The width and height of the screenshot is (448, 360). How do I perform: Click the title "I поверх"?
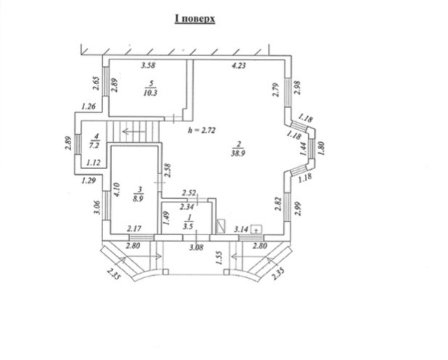coord(194,19)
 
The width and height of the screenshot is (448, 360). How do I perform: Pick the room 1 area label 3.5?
coord(187,225)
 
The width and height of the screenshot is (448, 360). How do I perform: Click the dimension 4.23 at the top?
coord(239,66)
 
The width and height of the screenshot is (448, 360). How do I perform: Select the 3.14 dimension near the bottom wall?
coord(240,229)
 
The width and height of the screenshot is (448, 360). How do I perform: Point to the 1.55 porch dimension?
coord(218,257)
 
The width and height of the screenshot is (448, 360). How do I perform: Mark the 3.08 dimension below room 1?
coord(195,248)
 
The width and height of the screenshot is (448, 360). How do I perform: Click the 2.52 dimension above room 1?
coord(189,192)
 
